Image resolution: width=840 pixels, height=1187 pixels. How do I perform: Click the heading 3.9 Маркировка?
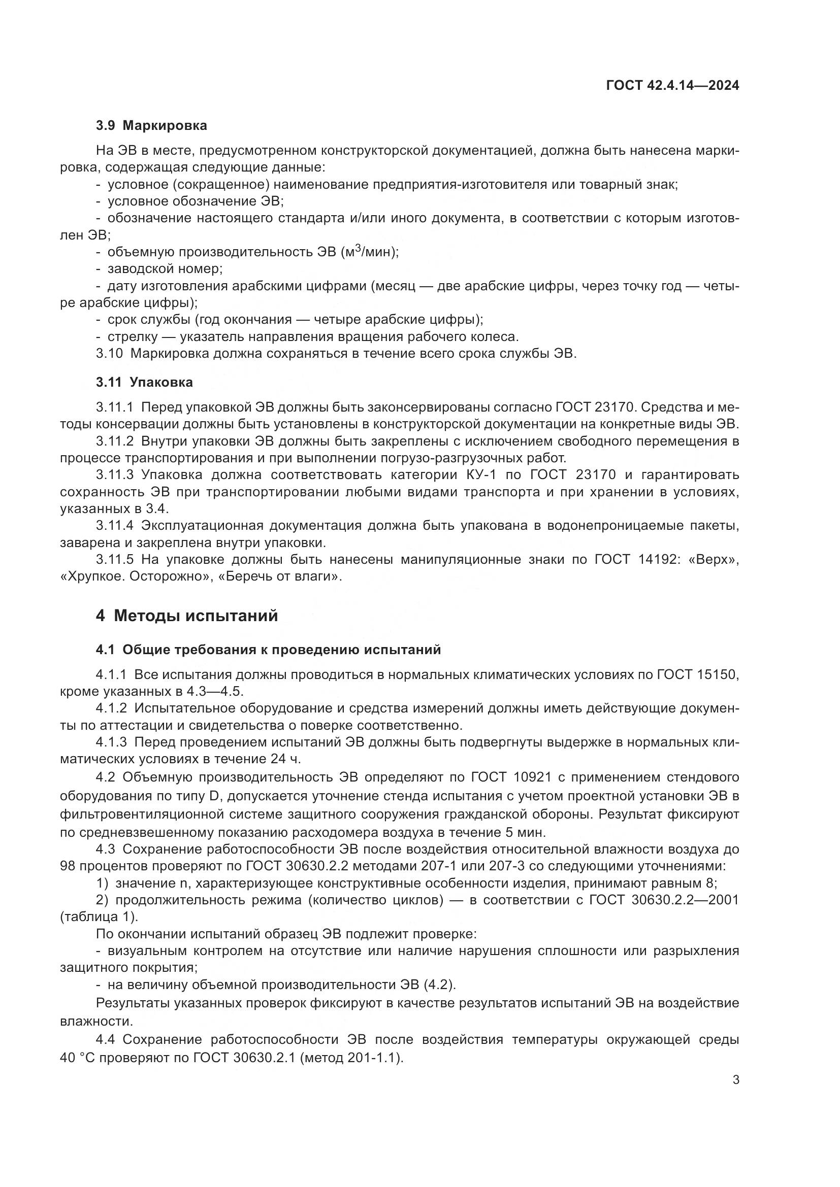[x=151, y=126]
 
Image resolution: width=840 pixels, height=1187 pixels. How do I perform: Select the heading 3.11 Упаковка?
[x=144, y=382]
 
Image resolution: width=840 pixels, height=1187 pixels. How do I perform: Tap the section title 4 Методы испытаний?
[x=187, y=616]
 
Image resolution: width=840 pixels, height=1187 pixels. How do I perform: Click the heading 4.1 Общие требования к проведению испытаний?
[x=268, y=650]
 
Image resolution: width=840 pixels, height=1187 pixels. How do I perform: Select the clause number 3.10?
[x=109, y=354]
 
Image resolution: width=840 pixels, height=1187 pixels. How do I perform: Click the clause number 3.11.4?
[x=114, y=525]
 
